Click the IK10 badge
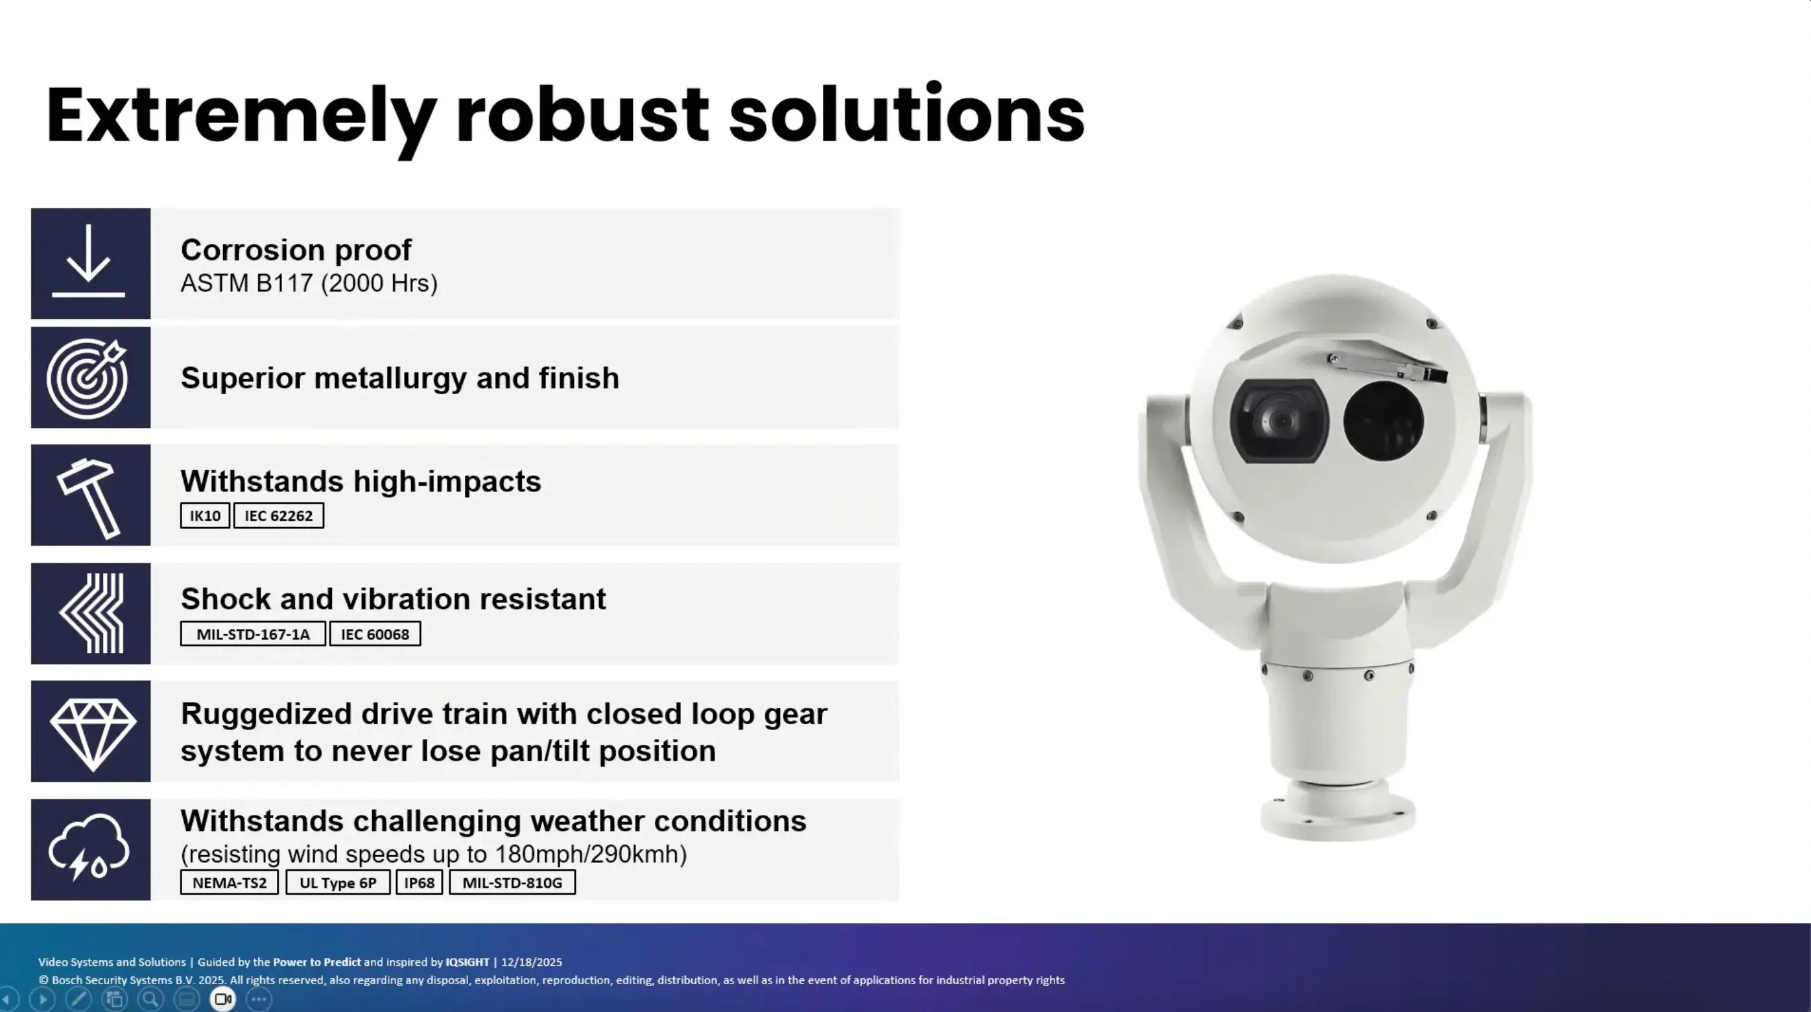pyautogui.click(x=205, y=516)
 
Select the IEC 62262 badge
pyautogui.click(x=278, y=516)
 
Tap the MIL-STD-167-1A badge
pyautogui.click(x=253, y=634)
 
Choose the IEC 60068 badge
pyautogui.click(x=375, y=634)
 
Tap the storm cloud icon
pyautogui.click(x=89, y=847)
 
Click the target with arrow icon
pyautogui.click(x=87, y=377)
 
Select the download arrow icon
pyautogui.click(x=89, y=261)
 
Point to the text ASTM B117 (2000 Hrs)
pyautogui.click(x=309, y=283)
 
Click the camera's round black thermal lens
pyautogui.click(x=1384, y=421)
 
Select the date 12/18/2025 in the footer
pyautogui.click(x=532, y=962)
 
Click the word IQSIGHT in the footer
pyautogui.click(x=468, y=962)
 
